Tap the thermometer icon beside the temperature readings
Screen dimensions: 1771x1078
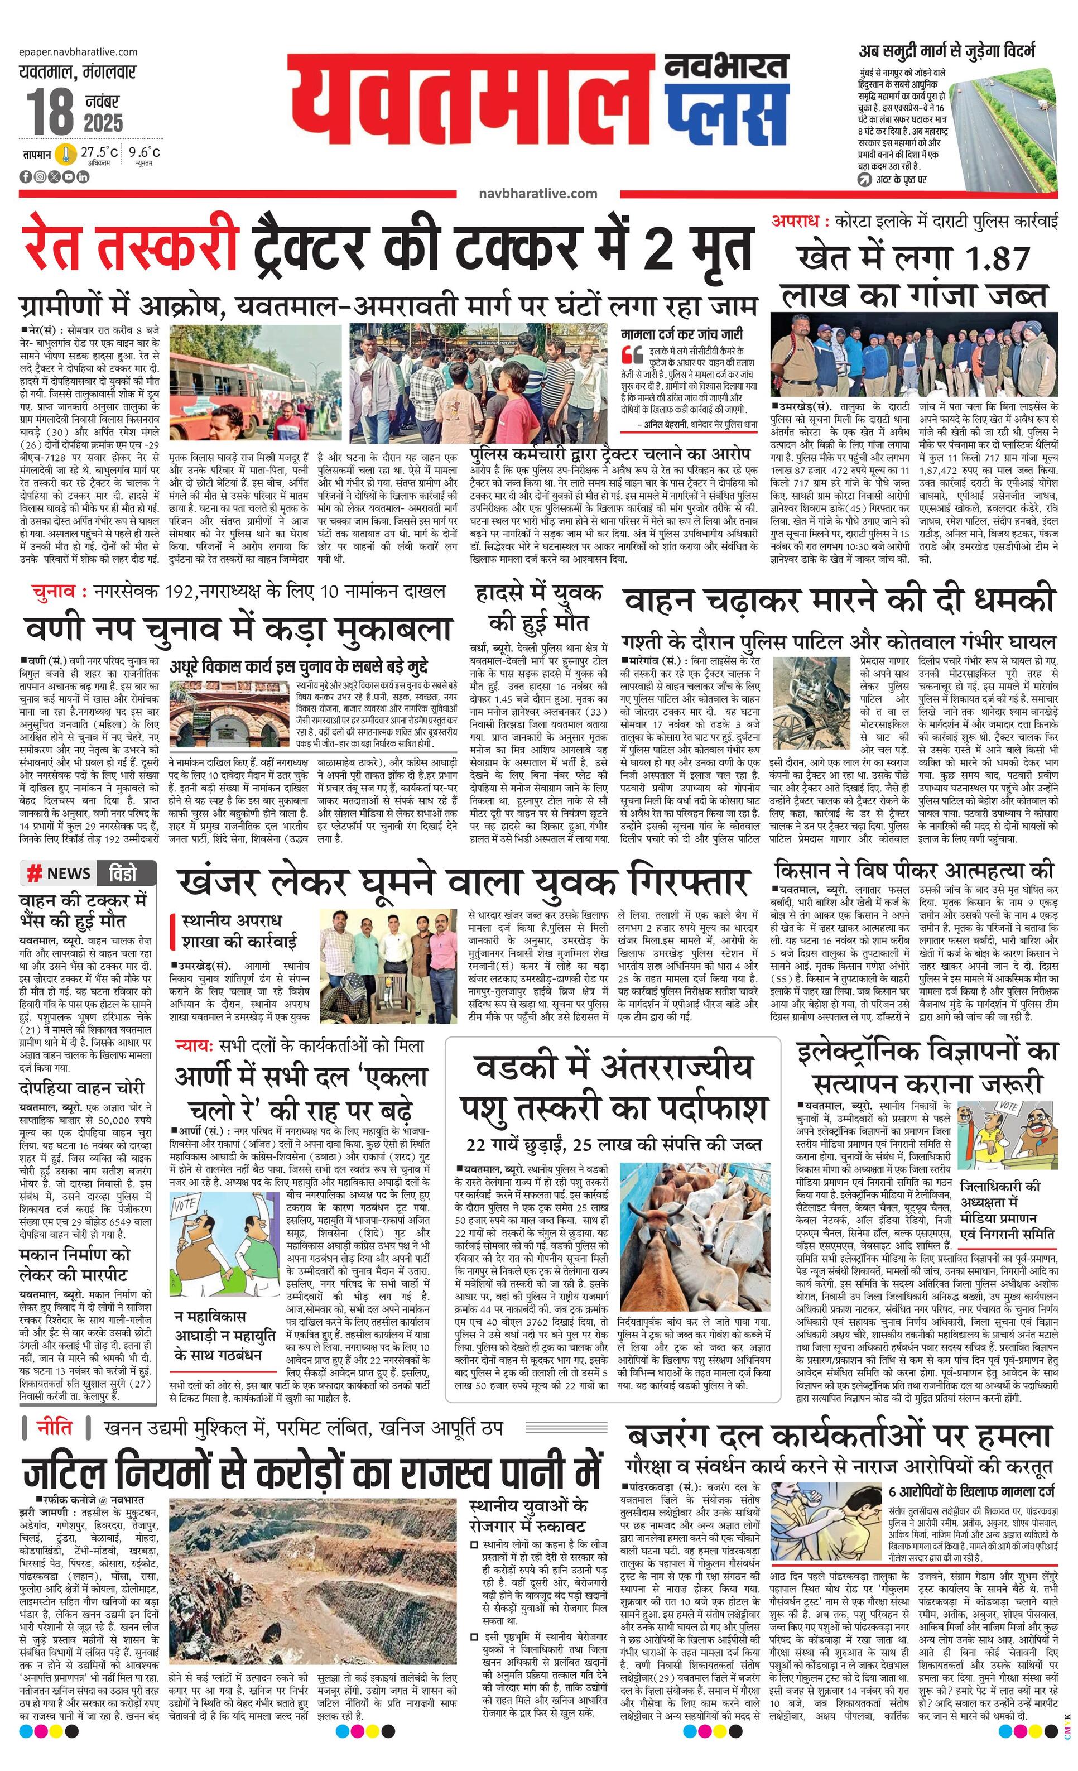pos(66,155)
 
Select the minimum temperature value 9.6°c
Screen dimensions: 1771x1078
pos(145,152)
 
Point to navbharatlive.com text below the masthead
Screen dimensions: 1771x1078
pos(537,193)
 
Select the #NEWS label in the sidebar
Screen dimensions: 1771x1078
pos(59,873)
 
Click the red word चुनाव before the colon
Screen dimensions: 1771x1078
pos(58,592)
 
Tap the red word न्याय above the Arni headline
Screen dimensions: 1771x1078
pos(194,1046)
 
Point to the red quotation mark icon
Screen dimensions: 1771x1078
pos(632,354)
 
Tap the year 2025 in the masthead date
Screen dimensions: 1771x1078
pos(103,122)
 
